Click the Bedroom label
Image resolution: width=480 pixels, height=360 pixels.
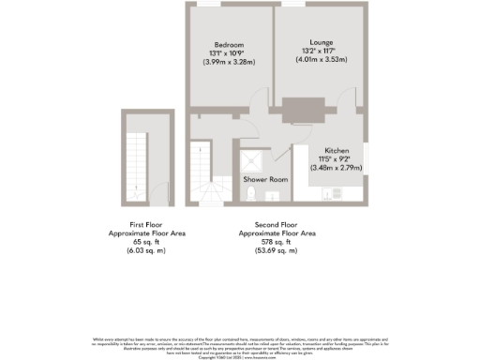coord(228,44)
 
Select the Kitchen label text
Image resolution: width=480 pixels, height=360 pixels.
coord(337,151)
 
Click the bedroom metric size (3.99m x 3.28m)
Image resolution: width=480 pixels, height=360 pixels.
coord(228,62)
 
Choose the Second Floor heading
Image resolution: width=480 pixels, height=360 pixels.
coord(277,225)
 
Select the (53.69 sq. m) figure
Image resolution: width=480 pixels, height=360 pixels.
coord(277,250)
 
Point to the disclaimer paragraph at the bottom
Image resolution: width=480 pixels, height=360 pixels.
coord(240,345)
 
